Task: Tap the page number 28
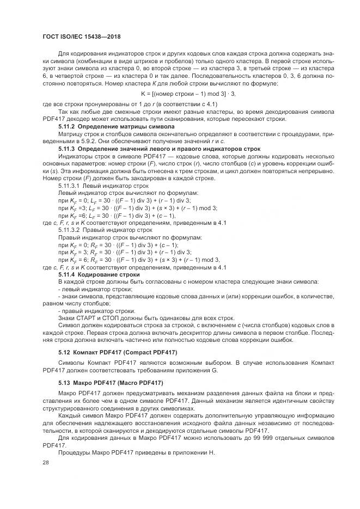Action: point(46,462)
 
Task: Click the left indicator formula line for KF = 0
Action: point(124,200)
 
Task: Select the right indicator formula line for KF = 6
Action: point(135,260)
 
